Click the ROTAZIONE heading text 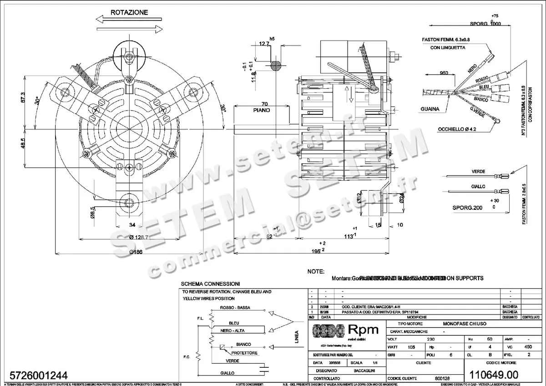pyautogui.click(x=129, y=13)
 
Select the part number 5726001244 pyautogui.click(x=36, y=376)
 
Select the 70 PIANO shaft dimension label pyautogui.click(x=262, y=107)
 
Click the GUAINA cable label pyautogui.click(x=430, y=109)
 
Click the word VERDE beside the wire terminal pyautogui.click(x=478, y=172)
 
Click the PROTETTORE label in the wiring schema pyautogui.click(x=244, y=353)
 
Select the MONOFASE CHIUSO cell pyautogui.click(x=465, y=323)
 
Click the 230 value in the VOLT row pyautogui.click(x=430, y=340)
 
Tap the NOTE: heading pyautogui.click(x=315, y=271)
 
